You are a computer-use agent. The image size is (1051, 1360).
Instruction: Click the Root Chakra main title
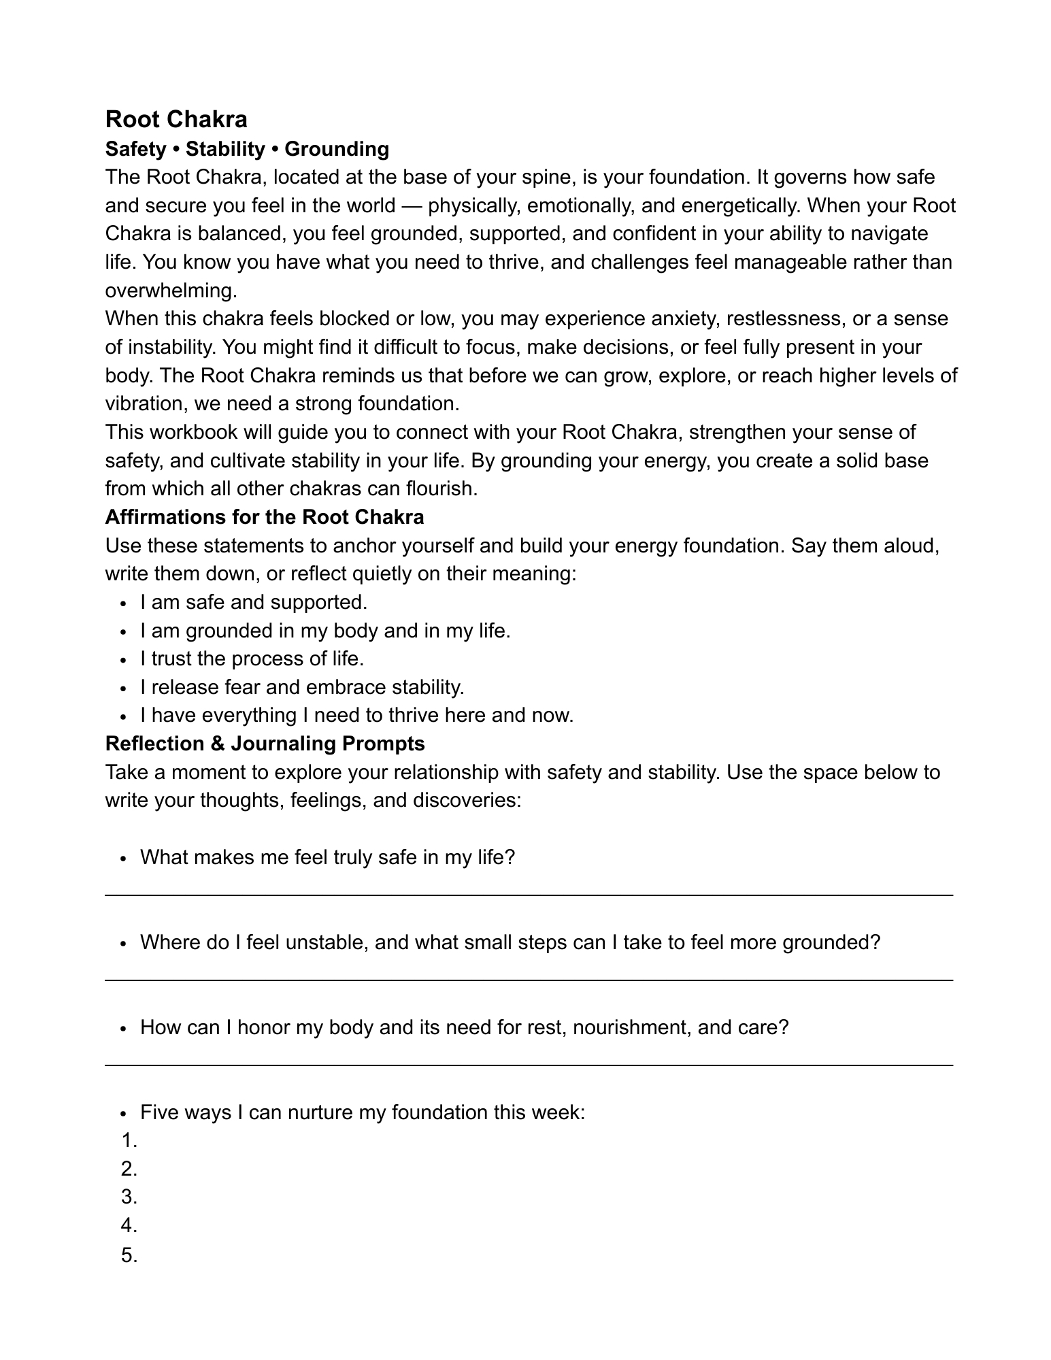coord(176,120)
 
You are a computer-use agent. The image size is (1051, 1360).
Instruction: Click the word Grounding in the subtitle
coord(337,149)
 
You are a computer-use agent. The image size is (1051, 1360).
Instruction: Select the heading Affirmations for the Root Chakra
coord(264,517)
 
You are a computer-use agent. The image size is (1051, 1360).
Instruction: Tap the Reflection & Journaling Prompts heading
coord(265,744)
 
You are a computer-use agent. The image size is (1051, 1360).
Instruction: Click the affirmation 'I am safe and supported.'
coord(253,602)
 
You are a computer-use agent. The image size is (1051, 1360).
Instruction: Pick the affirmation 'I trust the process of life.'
coord(252,659)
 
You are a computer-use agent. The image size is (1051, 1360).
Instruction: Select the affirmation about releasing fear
coord(302,687)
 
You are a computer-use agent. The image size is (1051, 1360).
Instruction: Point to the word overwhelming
coord(170,291)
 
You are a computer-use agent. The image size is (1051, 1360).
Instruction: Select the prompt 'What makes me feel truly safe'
coord(327,857)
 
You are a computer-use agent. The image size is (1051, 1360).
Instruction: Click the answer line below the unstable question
coord(529,980)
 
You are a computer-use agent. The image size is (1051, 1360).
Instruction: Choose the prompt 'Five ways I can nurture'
coord(362,1112)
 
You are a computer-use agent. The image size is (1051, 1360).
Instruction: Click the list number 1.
coord(129,1141)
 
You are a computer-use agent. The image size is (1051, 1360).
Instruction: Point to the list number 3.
coord(129,1197)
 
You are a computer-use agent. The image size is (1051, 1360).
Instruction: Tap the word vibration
coord(146,404)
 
